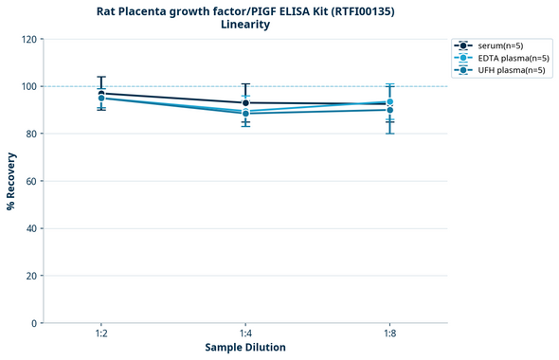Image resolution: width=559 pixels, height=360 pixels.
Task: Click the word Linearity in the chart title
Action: coord(245,25)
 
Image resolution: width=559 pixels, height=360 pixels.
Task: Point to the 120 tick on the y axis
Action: coord(29,40)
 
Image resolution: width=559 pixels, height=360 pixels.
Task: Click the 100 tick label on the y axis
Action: coord(29,87)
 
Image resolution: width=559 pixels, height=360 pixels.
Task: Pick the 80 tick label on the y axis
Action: coord(31,134)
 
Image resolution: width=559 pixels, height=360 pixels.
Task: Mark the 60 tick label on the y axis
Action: coord(31,181)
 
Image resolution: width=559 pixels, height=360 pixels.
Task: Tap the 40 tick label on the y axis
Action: coord(31,228)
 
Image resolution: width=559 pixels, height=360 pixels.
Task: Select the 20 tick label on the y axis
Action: coord(31,276)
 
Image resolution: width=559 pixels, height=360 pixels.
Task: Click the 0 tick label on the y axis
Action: coord(34,323)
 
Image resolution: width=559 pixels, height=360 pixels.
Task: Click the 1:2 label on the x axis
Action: coord(100,334)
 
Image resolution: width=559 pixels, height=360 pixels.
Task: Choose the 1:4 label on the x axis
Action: coord(245,334)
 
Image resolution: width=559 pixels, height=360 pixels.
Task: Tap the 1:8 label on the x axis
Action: coord(389,334)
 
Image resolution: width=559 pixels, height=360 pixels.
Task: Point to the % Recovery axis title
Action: coord(11,181)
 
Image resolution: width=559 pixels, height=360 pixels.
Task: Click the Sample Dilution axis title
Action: coord(245,348)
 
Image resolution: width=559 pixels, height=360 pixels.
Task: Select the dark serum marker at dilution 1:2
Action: coord(101,93)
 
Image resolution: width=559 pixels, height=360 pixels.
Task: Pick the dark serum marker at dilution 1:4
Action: coord(245,102)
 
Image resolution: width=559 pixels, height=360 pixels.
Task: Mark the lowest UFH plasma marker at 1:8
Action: coord(389,110)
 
